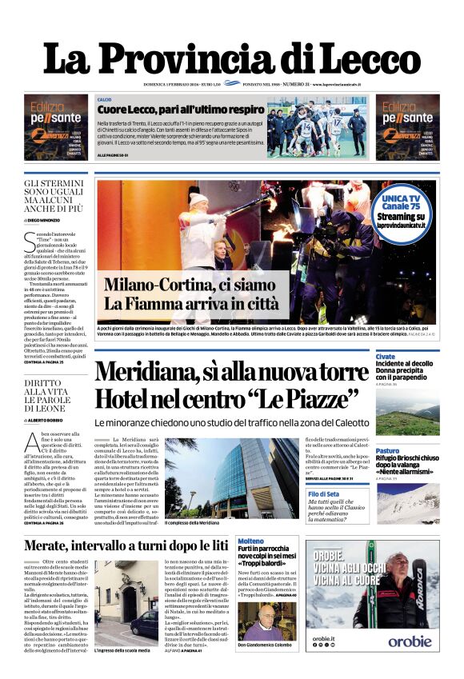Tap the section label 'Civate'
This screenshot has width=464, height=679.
[385, 356]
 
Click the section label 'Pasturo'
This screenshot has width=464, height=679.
[387, 450]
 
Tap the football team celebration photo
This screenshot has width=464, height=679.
[316, 126]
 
